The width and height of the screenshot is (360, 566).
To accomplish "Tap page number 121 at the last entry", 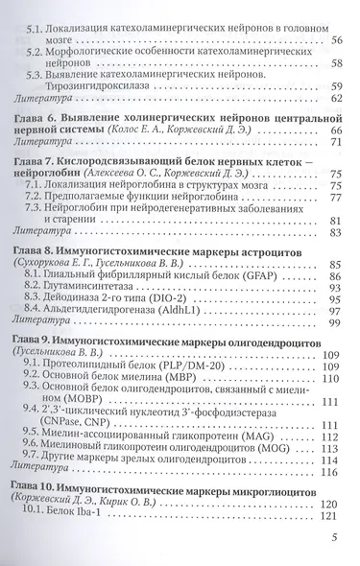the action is pos(333,515).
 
